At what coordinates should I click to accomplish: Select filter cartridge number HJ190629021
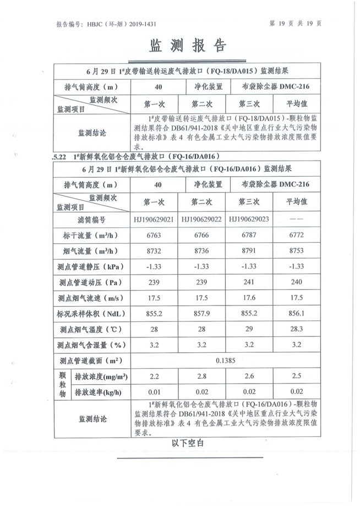tap(154, 220)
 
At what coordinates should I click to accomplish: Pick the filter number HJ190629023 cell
tap(249, 220)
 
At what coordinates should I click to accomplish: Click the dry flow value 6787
tap(249, 236)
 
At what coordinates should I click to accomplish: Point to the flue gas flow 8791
tap(249, 251)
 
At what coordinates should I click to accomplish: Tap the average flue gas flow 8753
tap(296, 251)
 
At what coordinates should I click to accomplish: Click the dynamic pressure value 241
tap(249, 282)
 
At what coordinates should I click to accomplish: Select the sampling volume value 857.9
tap(202, 314)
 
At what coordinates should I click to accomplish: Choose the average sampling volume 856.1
tap(296, 314)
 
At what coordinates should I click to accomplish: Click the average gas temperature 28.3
tap(296, 329)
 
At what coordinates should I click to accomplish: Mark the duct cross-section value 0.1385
tap(225, 360)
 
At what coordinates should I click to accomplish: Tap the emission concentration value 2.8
tap(202, 376)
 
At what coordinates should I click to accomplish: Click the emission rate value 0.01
tap(154, 392)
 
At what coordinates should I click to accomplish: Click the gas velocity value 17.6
tap(249, 298)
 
